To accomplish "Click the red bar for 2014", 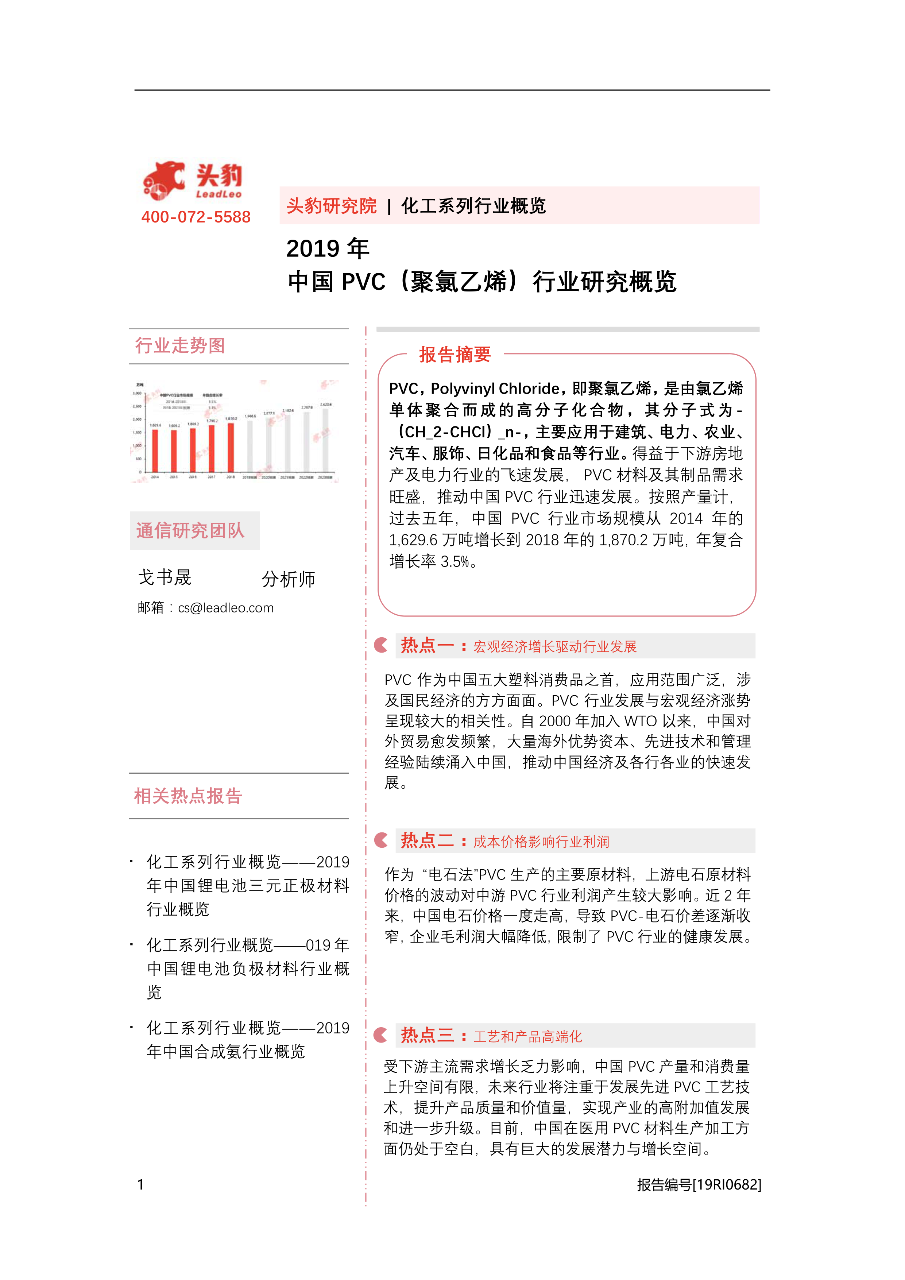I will [155, 450].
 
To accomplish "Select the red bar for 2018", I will [230, 447].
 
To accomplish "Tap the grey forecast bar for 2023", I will [325, 440].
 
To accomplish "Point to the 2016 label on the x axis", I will [192, 477].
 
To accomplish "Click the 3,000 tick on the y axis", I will [137, 393].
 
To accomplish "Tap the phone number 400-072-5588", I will [196, 217].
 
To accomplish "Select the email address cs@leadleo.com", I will [225, 608].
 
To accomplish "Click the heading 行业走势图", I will [179, 346].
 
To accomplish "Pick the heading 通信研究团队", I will [190, 530].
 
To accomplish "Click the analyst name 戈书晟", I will [165, 577].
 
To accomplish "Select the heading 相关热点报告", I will [187, 796].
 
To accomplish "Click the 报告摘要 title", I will [455, 355].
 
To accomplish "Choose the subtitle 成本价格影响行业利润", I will [541, 842].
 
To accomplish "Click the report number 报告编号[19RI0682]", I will [699, 1185].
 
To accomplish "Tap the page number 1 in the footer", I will [140, 1185].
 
